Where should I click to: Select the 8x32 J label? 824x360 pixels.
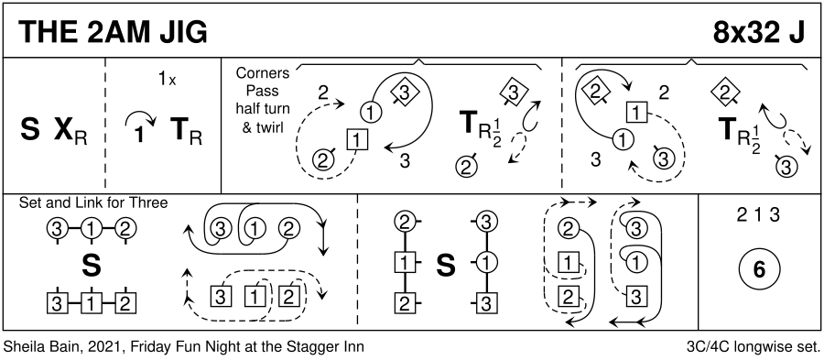pyautogui.click(x=758, y=34)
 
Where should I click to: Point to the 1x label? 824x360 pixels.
pyautogui.click(x=168, y=80)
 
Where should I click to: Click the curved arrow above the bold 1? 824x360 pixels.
pyautogui.click(x=139, y=120)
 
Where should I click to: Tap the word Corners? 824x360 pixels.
pyautogui.click(x=262, y=73)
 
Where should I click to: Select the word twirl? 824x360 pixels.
pyautogui.click(x=271, y=128)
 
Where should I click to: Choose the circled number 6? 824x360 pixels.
pyautogui.click(x=759, y=269)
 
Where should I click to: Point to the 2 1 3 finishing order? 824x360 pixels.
pyautogui.click(x=758, y=215)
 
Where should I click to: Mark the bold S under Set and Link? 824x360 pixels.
pyautogui.click(x=91, y=267)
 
